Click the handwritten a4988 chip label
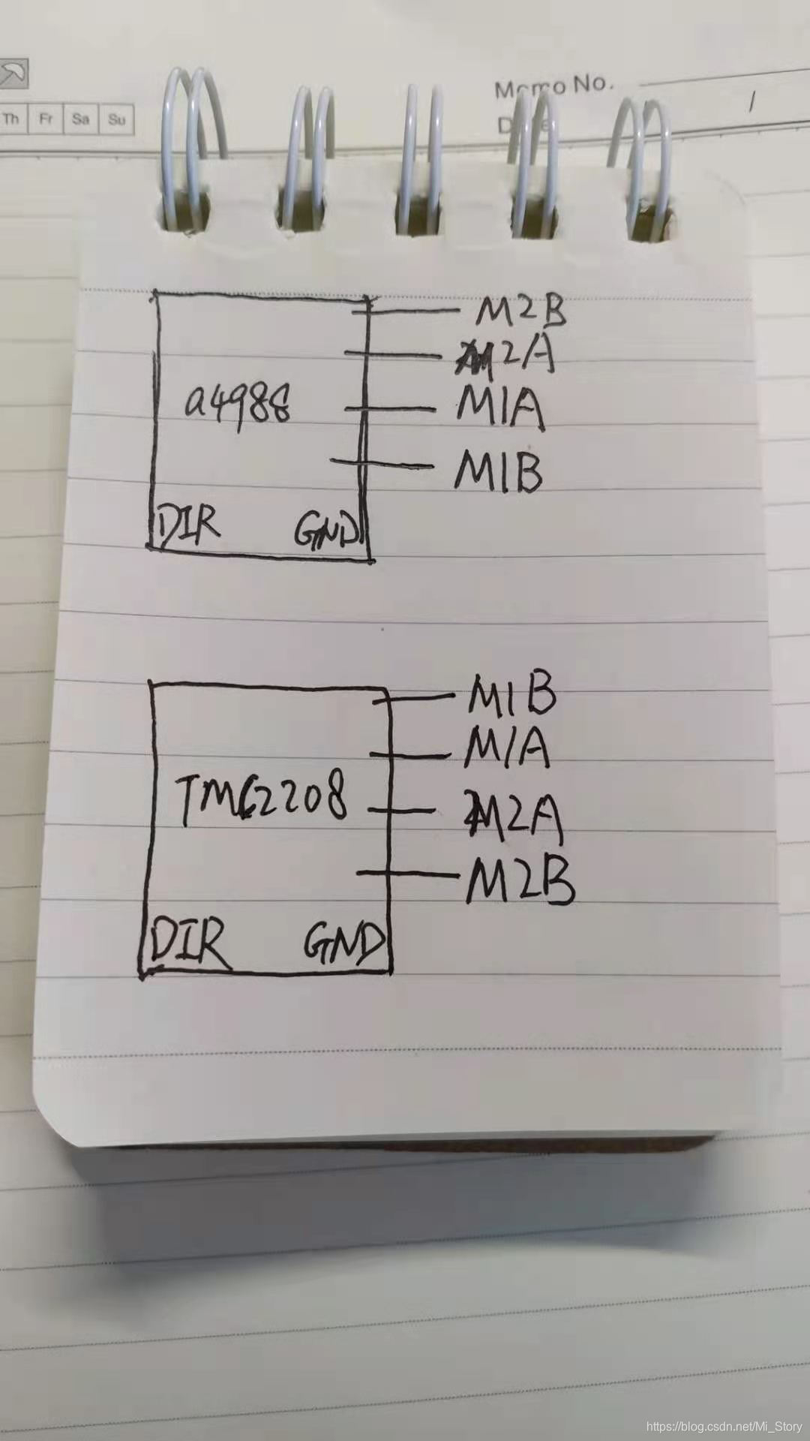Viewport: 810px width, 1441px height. click(238, 406)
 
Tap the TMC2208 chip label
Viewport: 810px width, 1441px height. click(262, 799)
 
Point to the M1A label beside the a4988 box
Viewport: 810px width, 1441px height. click(499, 409)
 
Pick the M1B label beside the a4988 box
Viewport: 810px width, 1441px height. click(498, 471)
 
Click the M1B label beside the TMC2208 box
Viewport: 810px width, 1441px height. click(512, 695)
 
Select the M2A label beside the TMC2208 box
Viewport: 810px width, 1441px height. click(513, 812)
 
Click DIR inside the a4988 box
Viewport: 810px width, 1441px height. click(187, 525)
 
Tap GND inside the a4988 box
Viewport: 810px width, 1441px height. click(326, 530)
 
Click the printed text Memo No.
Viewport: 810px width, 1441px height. click(553, 86)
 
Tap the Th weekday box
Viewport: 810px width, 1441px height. click(12, 119)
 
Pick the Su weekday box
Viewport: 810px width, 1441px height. click(117, 119)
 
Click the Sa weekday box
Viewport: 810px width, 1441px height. click(81, 119)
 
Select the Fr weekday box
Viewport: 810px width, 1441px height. click(46, 119)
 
